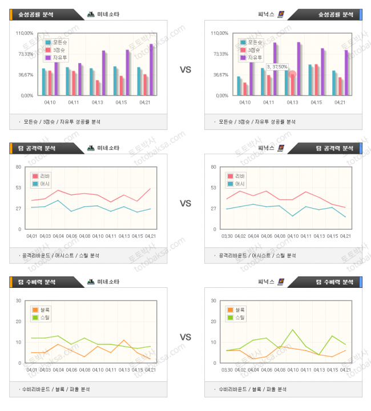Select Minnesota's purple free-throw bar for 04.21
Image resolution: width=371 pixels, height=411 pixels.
click(151, 70)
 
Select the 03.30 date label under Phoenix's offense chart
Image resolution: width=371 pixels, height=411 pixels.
click(227, 236)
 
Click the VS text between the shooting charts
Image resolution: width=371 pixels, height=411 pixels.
click(185, 70)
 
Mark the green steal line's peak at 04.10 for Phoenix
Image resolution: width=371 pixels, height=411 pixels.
click(293, 329)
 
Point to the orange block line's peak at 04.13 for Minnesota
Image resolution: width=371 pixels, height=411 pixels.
click(124, 340)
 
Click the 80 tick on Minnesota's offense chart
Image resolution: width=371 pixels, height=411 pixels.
click(18, 167)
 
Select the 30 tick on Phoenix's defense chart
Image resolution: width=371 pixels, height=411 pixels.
click(213, 300)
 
